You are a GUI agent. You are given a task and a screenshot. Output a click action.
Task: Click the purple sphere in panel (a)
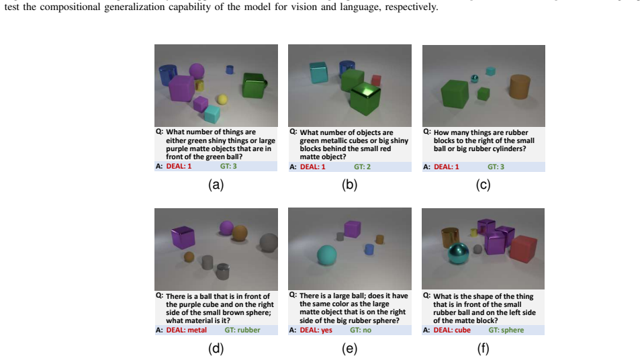[197, 71]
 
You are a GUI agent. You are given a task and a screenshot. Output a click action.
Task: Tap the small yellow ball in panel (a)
[222, 99]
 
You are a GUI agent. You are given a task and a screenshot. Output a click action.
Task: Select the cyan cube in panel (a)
[212, 114]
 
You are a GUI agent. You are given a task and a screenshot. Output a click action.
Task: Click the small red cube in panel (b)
[376, 81]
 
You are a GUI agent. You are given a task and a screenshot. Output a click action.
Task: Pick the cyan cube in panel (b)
[319, 73]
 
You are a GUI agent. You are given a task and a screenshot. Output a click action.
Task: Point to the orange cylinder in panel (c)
[520, 87]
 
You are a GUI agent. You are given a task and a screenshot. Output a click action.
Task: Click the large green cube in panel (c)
[455, 94]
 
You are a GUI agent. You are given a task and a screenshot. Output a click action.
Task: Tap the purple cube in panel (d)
[183, 237]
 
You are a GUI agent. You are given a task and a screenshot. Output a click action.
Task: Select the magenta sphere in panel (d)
[226, 228]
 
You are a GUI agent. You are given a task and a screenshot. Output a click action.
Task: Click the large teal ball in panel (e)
[326, 255]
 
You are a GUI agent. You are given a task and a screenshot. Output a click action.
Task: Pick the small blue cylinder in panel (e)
[369, 249]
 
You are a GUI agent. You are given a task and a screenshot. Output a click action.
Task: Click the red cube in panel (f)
[524, 249]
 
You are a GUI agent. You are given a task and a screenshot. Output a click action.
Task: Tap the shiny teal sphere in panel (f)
[459, 254]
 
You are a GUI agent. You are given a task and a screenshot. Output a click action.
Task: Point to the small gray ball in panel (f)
[477, 249]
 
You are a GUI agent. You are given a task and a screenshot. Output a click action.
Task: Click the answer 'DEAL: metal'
[187, 330]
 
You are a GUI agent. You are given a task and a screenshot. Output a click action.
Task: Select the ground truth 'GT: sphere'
[506, 330]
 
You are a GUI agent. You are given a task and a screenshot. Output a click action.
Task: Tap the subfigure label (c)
[483, 185]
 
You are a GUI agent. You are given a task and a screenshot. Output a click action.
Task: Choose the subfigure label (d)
[216, 349]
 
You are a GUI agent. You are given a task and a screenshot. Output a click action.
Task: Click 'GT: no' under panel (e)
[361, 330]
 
